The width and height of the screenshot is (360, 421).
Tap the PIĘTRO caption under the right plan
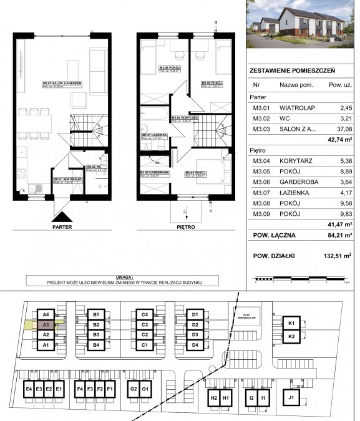(185, 228)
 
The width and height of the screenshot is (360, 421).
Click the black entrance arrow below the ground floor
(61, 216)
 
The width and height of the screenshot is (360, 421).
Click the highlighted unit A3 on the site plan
(46, 325)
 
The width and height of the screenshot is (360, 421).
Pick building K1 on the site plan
(291, 323)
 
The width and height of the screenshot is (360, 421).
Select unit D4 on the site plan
(195, 345)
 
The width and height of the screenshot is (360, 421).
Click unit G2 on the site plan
(134, 389)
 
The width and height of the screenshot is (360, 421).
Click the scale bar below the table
(300, 279)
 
